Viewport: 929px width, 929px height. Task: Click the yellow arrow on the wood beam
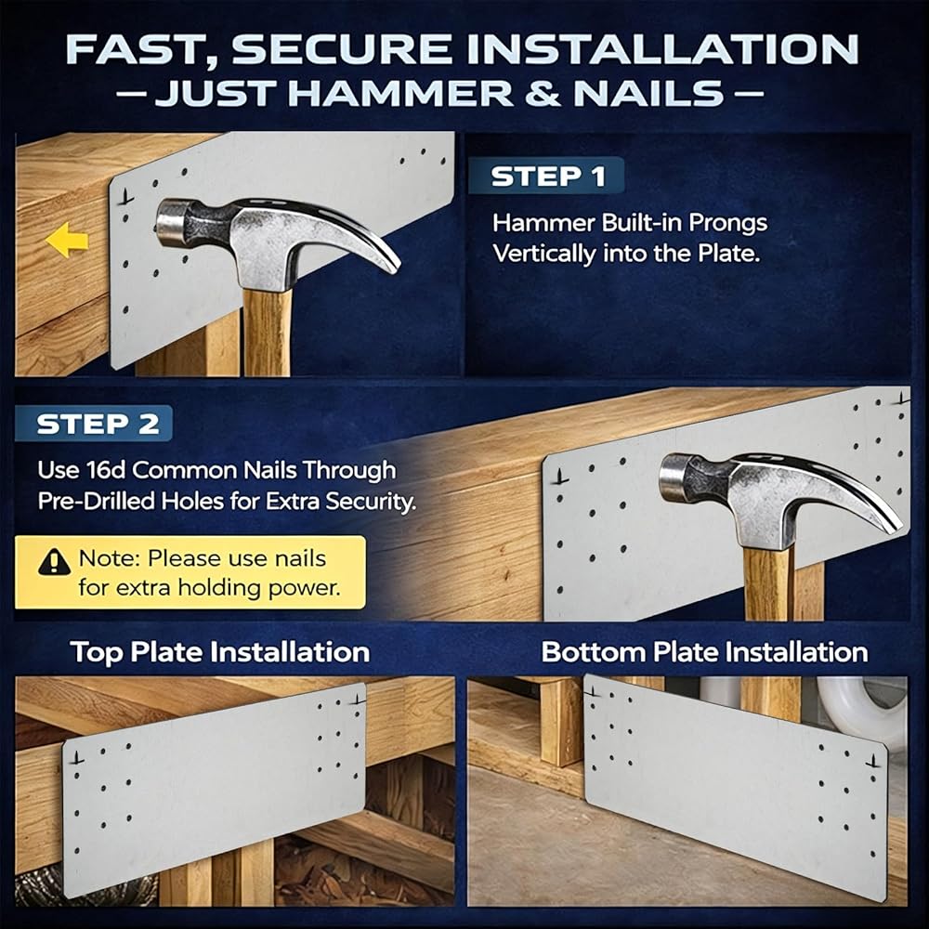[66, 240]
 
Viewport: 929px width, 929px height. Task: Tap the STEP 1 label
[547, 176]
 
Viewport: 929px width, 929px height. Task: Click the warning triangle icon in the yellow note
[55, 561]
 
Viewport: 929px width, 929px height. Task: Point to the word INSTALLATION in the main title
[662, 49]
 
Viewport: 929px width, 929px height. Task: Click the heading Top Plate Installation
[220, 652]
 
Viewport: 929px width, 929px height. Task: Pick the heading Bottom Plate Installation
[704, 652]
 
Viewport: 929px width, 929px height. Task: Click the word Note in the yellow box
[108, 558]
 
